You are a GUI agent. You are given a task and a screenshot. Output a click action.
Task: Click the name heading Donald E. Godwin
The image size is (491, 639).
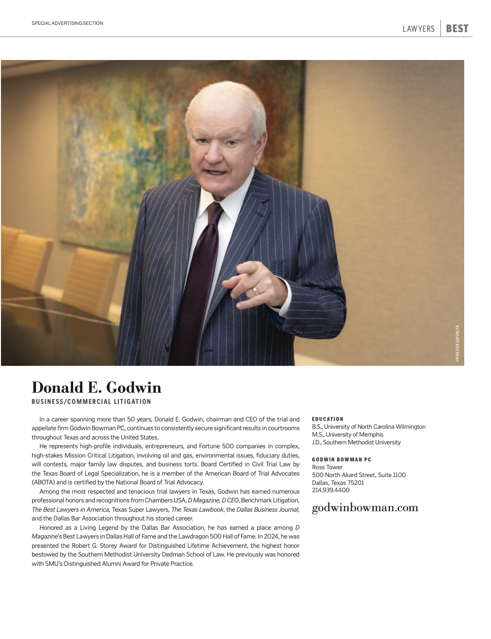pos(96,388)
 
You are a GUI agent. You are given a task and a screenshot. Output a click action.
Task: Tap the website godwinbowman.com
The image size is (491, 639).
pos(365,508)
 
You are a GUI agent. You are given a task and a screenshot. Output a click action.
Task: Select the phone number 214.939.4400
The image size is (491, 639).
pos(331,490)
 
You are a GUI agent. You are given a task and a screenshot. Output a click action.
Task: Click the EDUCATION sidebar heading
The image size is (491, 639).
pos(327,419)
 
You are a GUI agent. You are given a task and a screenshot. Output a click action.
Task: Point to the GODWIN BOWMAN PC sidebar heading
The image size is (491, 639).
pos(341,459)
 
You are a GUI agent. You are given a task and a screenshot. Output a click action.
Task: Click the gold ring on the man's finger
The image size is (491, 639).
pos(255,291)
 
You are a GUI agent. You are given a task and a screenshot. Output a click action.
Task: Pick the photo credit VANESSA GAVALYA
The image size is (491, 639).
pos(457,343)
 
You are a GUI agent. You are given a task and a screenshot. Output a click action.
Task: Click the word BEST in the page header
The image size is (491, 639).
pos(457,29)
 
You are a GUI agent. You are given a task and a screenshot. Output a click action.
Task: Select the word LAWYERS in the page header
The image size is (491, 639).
pos(418,29)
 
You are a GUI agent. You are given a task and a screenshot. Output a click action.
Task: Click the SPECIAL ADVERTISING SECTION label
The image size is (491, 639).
pos(67,23)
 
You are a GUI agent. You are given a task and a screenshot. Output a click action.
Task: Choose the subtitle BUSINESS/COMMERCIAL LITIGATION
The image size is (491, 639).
pos(91,402)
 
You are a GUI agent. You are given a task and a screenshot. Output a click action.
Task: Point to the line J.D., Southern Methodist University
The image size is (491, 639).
pos(356,442)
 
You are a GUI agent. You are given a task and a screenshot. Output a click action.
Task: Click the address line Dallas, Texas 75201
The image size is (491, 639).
pos(338,483)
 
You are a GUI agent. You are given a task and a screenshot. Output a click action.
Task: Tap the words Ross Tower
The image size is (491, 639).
pos(327,467)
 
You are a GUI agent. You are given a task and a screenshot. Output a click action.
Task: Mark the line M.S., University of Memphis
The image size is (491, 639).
pos(347,435)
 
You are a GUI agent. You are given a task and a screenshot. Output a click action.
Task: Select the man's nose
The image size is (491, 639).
pos(214,155)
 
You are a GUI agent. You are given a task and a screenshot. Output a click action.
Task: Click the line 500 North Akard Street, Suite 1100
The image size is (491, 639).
pos(359,475)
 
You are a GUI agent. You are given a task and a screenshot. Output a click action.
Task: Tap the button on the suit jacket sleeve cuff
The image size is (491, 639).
pos(297,328)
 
